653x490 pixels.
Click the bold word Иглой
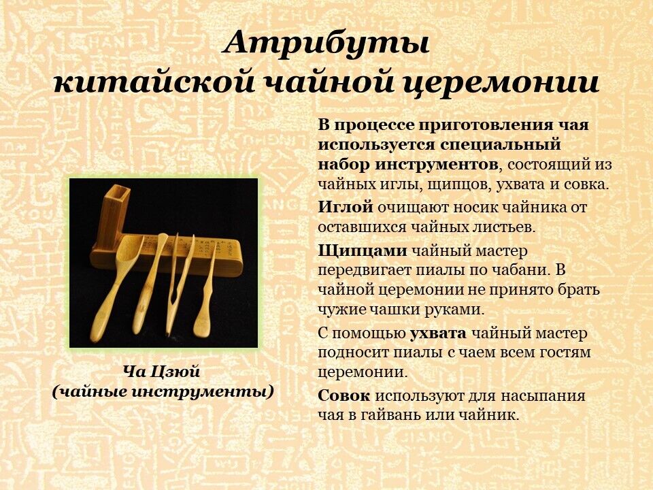tap(346, 207)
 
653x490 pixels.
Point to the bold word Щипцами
tap(363, 251)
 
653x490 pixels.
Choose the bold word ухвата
tap(438, 334)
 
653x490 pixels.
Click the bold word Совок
tap(344, 395)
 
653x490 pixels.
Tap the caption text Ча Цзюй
tap(162, 372)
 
